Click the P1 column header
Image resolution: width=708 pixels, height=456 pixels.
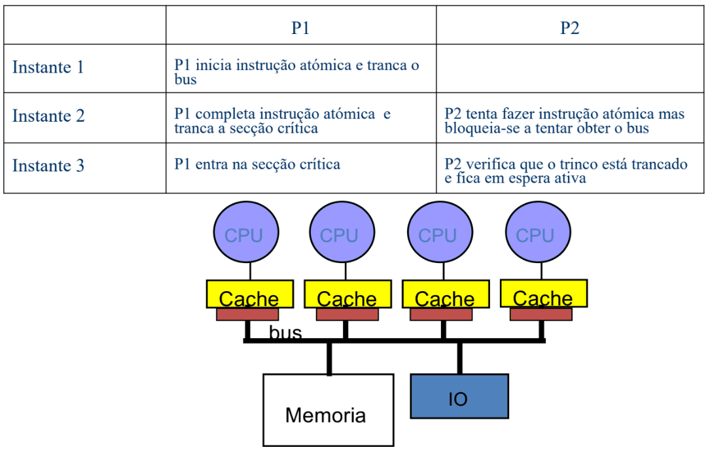[x=300, y=27]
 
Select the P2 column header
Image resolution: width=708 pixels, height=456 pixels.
[x=570, y=27]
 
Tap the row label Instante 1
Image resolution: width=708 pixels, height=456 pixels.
[x=48, y=67]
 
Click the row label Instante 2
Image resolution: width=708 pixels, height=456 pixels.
[x=48, y=116]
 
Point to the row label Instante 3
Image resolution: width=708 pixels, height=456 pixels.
[x=48, y=166]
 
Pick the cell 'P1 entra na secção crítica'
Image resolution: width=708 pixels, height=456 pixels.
[x=257, y=164]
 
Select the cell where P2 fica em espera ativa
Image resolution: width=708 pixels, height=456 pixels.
[x=566, y=170]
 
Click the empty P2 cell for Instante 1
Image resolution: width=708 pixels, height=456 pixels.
[x=570, y=68]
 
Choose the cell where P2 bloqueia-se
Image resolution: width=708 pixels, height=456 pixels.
[x=564, y=121]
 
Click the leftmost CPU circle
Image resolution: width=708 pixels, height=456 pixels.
[x=245, y=233]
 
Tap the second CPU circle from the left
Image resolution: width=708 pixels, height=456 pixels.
[x=342, y=233]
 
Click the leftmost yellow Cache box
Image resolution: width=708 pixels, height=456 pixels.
[x=249, y=294]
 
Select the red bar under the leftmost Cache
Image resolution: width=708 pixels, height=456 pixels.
[x=247, y=315]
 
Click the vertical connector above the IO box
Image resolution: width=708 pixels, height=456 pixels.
[x=459, y=358]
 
